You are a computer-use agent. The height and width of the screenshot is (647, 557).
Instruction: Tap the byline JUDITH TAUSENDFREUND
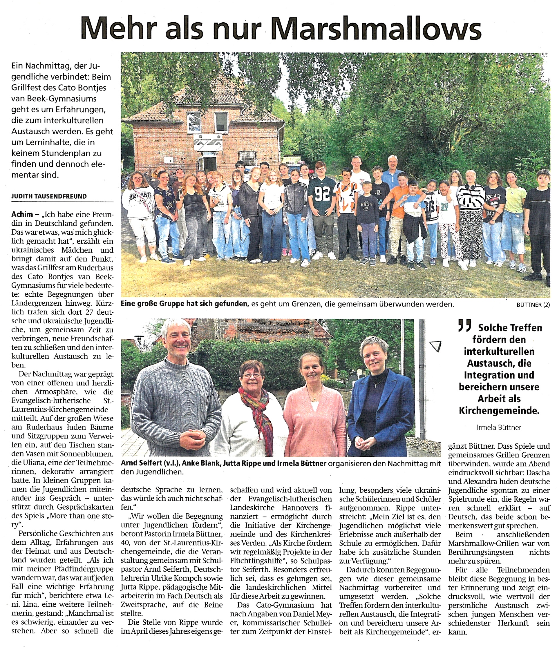tap(49, 196)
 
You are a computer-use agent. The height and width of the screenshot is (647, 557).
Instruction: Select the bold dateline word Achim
tap(21, 214)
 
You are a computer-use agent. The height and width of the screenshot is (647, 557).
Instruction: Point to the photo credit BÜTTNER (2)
tap(533, 305)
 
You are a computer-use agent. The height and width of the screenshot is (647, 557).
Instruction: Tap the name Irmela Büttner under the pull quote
tap(499, 427)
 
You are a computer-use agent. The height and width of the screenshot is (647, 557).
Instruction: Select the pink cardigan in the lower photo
tap(314, 428)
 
